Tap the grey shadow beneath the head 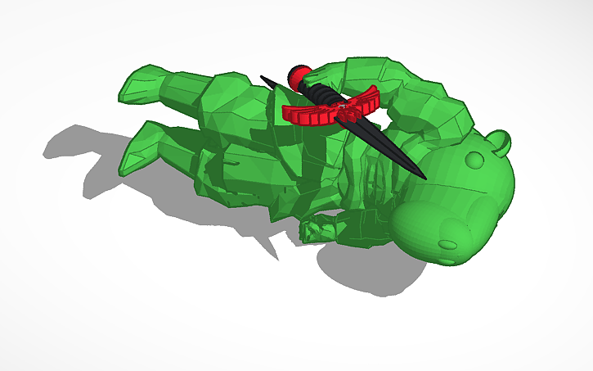click(x=368, y=266)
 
